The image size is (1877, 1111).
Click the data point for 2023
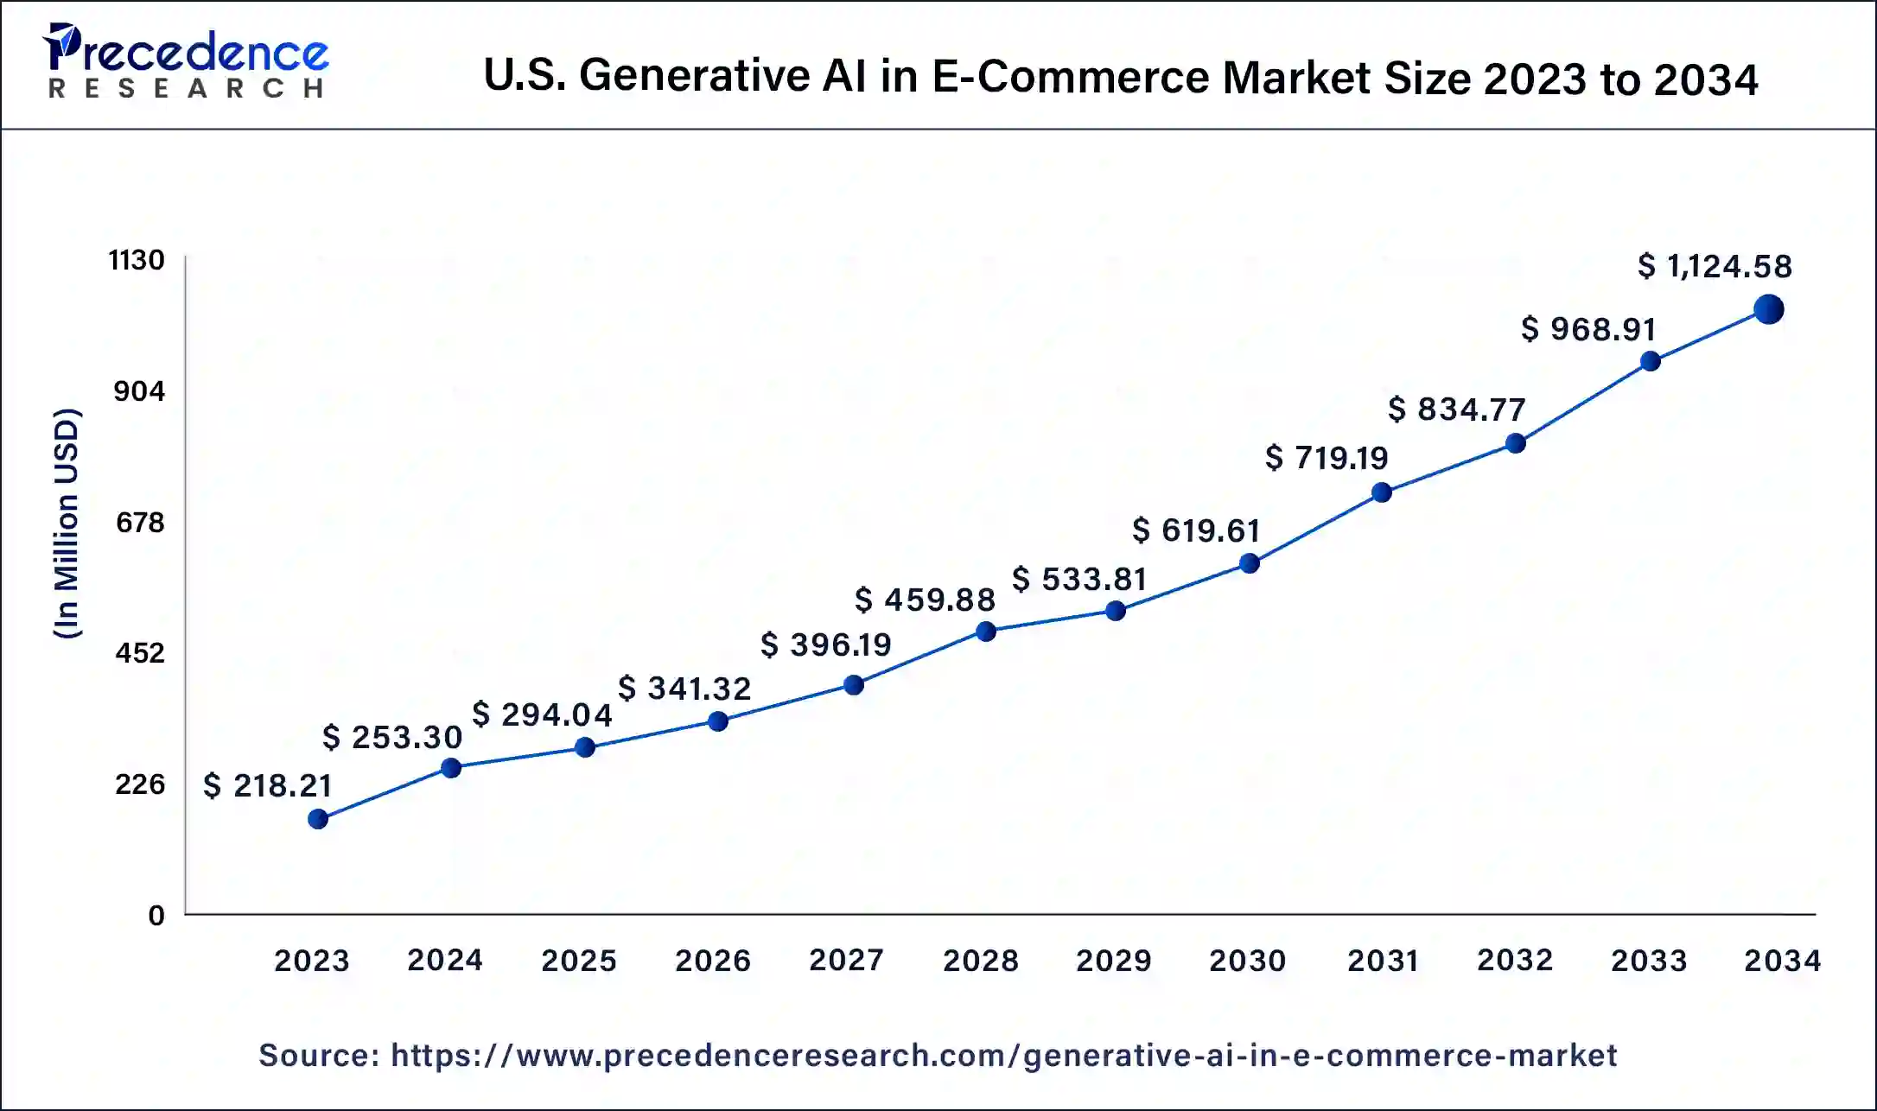318,818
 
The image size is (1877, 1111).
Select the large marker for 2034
1768,309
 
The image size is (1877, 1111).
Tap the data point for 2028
986,632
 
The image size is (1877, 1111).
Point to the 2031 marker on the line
1382,492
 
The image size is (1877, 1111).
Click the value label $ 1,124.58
1715,266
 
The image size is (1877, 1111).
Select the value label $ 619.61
1196,530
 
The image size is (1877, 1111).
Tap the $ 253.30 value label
392,737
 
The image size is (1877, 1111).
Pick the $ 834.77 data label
1457,409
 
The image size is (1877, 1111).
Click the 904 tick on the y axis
139,391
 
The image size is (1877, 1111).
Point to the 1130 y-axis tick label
137,260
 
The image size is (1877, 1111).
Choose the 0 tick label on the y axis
156,916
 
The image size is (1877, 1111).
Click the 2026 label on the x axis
713,961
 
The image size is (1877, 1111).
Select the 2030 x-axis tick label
1247,961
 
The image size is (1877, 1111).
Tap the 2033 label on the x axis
1649,961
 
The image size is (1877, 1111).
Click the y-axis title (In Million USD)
67,523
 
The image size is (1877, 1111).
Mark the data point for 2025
585,747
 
